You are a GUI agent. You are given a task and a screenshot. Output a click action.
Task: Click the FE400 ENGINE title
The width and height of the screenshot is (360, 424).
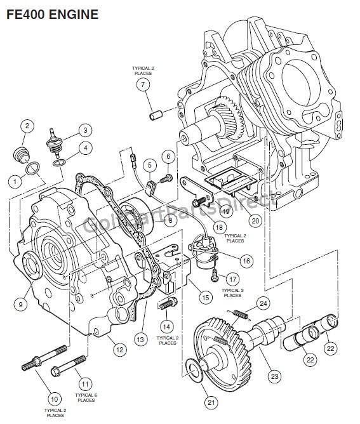click(x=52, y=15)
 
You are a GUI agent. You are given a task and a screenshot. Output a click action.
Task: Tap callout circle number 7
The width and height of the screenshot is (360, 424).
click(x=143, y=84)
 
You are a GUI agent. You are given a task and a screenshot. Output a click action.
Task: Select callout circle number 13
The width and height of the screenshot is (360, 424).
click(x=140, y=339)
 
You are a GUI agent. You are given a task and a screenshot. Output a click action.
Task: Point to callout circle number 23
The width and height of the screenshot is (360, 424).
click(x=274, y=376)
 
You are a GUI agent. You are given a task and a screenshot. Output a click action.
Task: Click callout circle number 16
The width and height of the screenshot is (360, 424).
click(x=246, y=261)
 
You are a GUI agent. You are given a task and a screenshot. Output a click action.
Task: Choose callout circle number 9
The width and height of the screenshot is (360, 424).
click(x=20, y=305)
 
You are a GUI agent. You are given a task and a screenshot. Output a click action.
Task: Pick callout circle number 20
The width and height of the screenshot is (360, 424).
click(x=255, y=221)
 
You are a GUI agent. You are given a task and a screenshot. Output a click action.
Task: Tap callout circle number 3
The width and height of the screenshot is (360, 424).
click(x=86, y=130)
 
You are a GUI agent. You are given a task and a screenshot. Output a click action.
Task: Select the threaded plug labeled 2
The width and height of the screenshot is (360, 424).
click(x=21, y=155)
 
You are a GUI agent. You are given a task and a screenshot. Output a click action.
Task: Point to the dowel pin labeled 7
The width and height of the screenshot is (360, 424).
click(x=156, y=114)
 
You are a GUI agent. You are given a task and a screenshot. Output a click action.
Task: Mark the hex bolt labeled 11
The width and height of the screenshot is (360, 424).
click(x=68, y=366)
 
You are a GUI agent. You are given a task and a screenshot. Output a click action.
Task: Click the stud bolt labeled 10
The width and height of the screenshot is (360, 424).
click(x=44, y=358)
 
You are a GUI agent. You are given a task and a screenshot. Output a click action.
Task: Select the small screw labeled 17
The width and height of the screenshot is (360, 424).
click(x=215, y=275)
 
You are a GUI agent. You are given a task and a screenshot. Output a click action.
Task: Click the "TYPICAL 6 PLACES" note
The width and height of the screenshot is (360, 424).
click(x=86, y=397)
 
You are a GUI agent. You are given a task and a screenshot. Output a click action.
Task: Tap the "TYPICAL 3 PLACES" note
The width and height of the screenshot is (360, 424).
click(x=232, y=293)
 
